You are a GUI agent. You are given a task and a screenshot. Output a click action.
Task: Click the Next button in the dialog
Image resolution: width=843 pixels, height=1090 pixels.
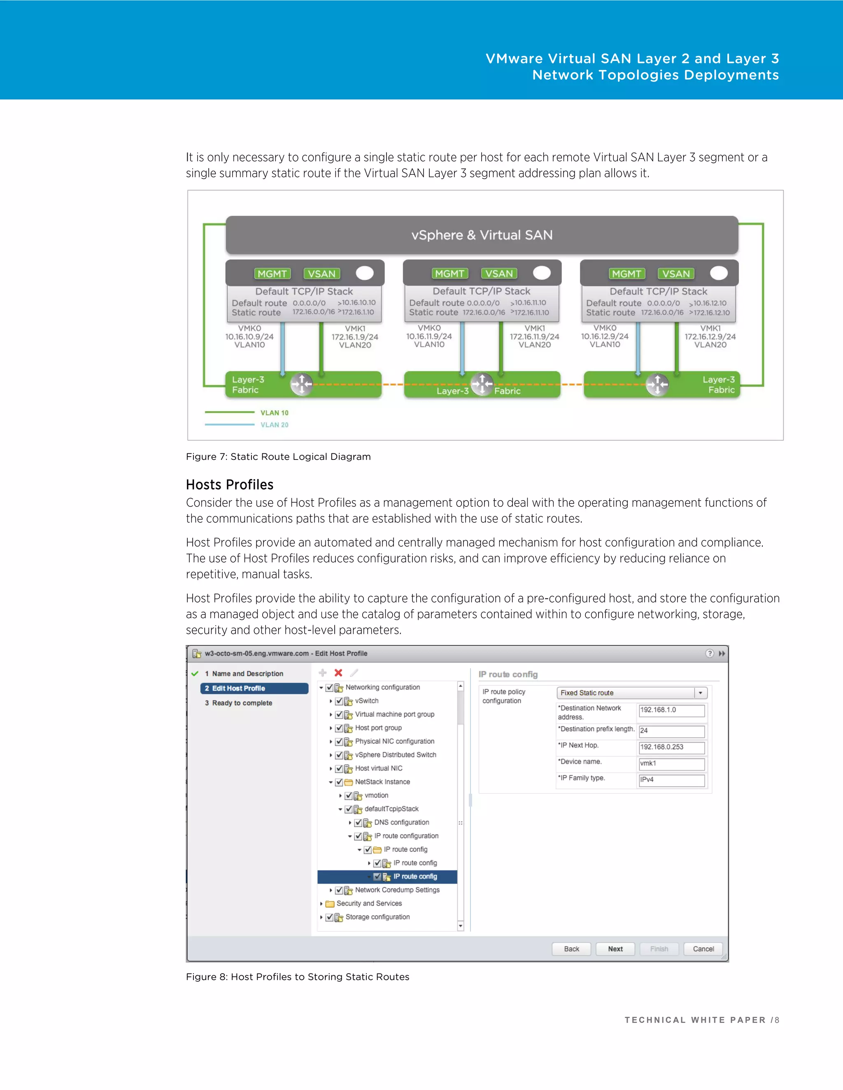615,949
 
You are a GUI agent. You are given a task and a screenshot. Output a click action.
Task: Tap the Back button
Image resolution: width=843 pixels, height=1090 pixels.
571,949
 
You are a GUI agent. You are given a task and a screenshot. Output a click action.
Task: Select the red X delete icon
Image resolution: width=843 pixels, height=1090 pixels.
338,673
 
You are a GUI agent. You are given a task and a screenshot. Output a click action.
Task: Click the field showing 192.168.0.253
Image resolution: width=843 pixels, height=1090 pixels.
671,747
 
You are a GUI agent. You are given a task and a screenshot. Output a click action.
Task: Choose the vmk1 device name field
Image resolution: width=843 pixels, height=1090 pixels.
671,763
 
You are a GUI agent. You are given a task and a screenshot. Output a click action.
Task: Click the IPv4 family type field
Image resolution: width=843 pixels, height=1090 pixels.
671,779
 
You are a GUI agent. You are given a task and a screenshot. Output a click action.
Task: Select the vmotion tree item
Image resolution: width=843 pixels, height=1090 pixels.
376,795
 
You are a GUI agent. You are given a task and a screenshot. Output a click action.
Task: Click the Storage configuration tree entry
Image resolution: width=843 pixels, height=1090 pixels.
377,917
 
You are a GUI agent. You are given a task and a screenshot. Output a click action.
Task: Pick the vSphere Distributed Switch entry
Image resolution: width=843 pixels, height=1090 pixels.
396,755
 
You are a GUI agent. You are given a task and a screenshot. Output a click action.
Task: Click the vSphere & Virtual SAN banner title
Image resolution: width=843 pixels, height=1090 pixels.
482,235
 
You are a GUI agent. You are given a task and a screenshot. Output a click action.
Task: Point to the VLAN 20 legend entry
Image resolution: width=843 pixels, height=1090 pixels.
274,425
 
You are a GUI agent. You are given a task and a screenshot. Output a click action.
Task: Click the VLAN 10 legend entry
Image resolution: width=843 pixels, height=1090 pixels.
274,413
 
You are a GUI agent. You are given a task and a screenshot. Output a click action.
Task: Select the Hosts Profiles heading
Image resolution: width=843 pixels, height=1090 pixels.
230,485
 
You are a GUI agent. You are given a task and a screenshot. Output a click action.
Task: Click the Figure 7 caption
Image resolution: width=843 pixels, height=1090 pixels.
278,457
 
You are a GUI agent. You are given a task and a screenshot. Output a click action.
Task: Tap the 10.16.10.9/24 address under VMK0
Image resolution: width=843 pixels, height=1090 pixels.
249,337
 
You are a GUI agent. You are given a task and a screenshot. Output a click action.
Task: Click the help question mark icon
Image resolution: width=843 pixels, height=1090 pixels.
709,653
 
